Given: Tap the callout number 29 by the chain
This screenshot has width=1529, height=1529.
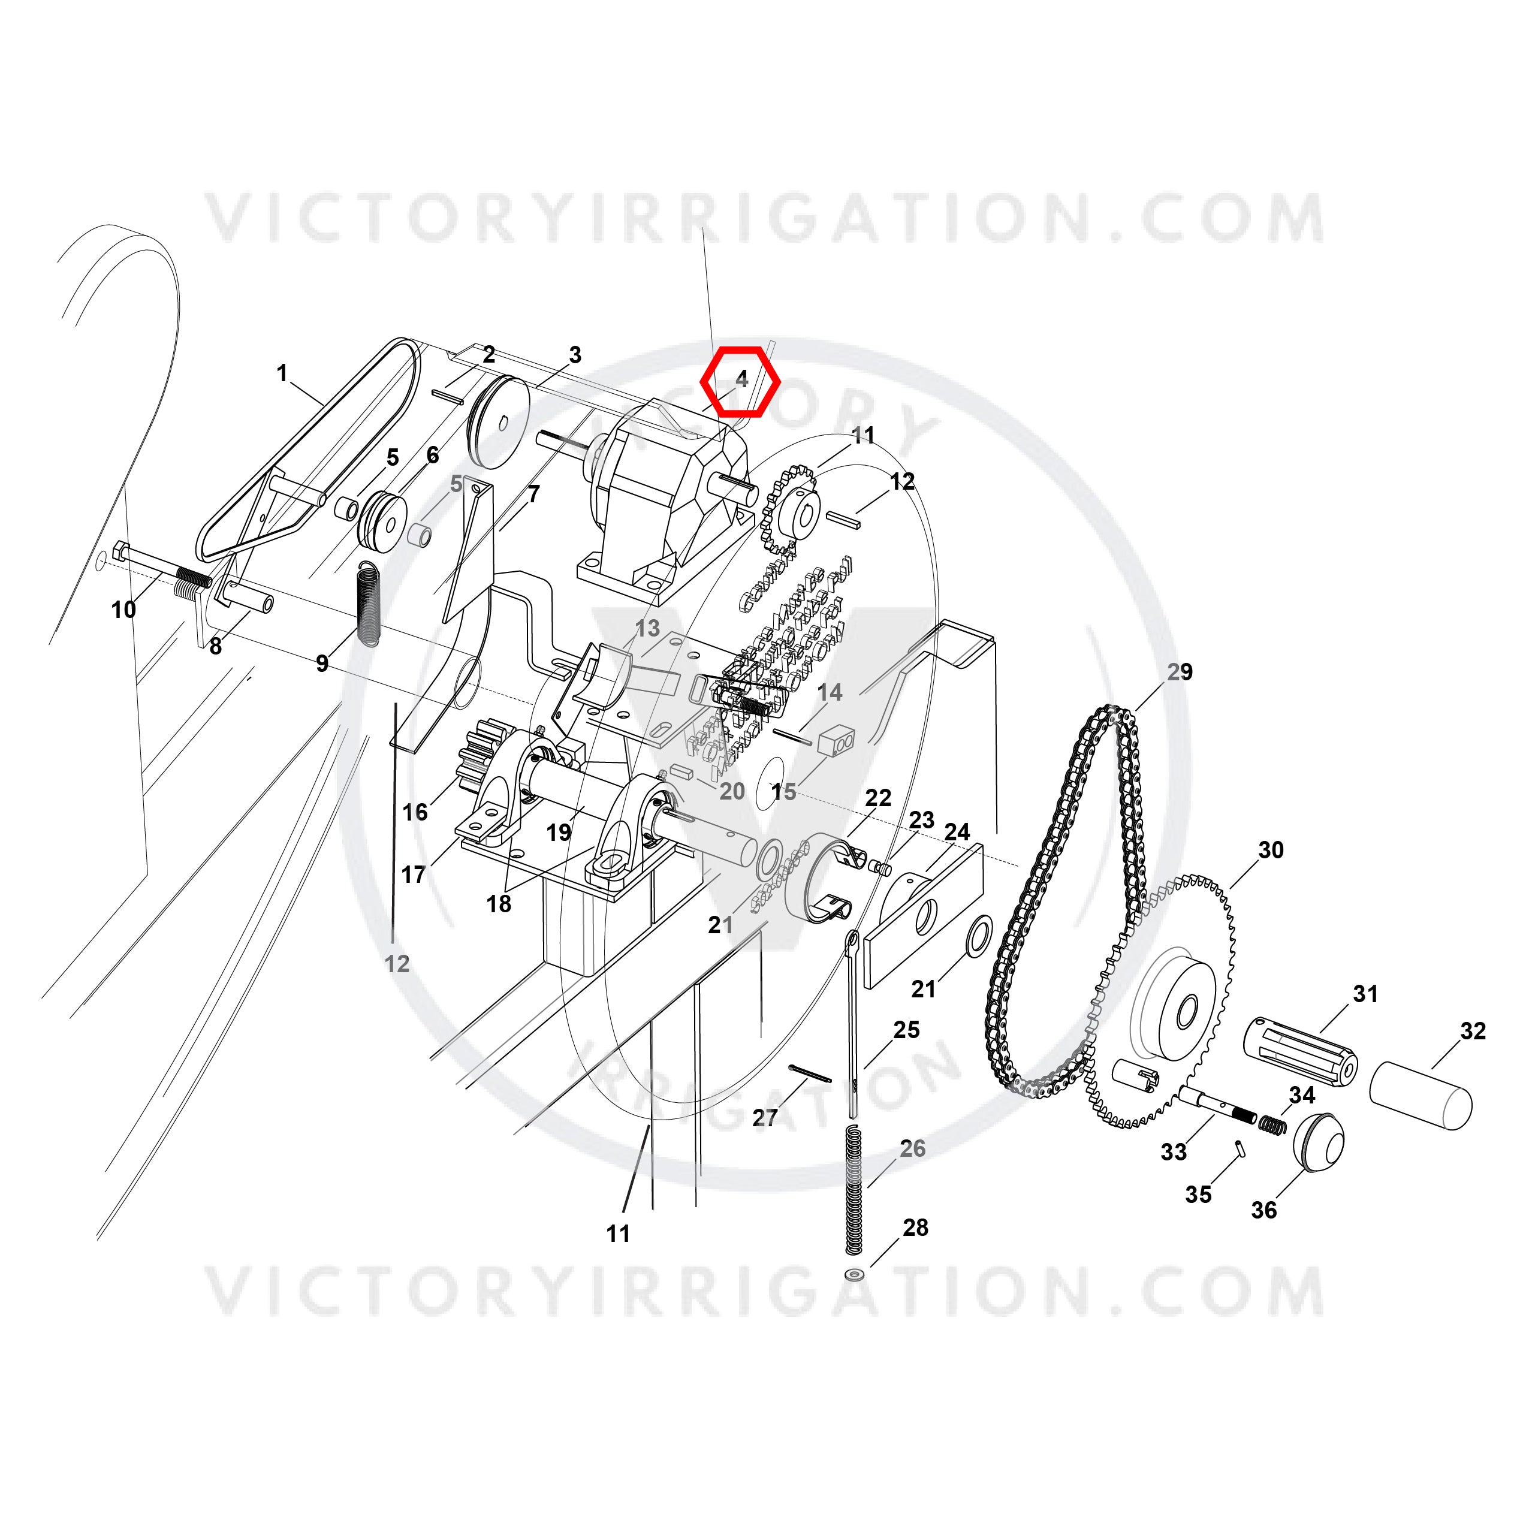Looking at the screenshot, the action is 1179,672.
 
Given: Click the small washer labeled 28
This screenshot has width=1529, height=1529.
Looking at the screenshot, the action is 854,1275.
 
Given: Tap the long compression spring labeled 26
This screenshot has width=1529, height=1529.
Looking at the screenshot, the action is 853,1190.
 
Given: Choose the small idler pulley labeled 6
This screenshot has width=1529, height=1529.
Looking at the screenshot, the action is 383,522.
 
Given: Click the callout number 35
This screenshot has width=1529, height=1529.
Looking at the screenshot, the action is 1198,1194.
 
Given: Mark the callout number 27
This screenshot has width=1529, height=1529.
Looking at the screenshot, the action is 765,1117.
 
